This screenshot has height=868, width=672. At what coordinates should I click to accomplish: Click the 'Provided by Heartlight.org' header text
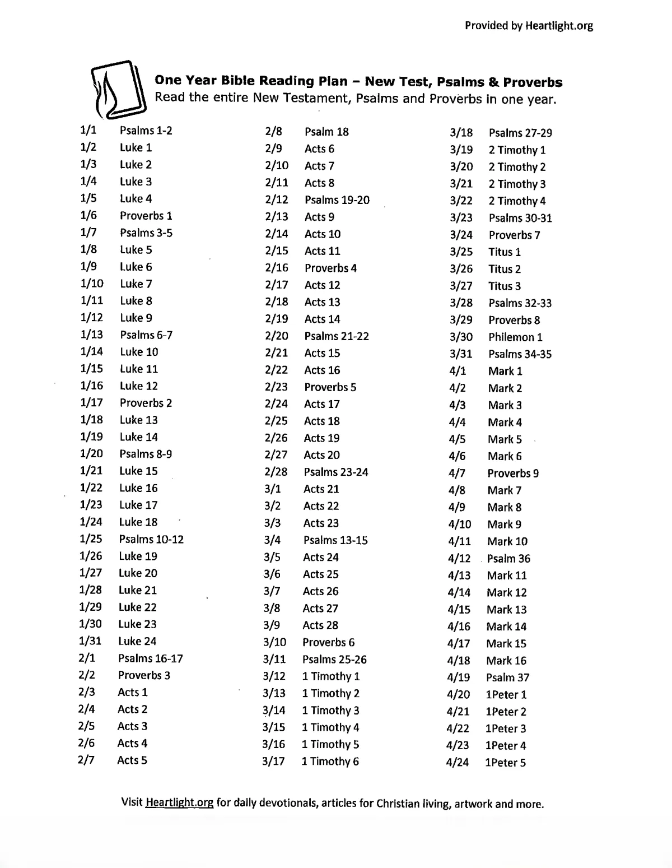529,25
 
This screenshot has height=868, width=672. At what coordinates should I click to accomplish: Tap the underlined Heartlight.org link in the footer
179,802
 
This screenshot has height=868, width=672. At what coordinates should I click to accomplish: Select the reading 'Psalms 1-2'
146,131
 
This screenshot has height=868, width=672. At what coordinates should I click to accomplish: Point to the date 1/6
88,215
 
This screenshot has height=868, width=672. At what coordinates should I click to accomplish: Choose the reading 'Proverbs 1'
146,216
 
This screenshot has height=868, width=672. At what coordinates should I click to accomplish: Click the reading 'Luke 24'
137,641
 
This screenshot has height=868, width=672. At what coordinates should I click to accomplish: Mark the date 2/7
86,760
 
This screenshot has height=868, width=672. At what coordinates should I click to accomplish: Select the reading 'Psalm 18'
326,132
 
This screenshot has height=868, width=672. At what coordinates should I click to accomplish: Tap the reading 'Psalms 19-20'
337,200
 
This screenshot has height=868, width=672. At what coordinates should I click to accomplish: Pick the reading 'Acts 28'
320,625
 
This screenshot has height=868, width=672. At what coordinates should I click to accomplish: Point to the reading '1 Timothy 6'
330,761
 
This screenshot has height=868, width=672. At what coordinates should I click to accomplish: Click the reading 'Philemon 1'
515,337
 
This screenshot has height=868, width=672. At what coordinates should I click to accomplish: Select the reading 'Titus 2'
504,269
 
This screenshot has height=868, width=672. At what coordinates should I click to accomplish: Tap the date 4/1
457,371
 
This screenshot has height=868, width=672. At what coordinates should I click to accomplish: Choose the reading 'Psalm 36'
508,558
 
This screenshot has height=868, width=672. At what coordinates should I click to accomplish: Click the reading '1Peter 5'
505,762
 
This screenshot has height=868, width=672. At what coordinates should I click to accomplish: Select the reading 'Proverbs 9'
513,473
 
